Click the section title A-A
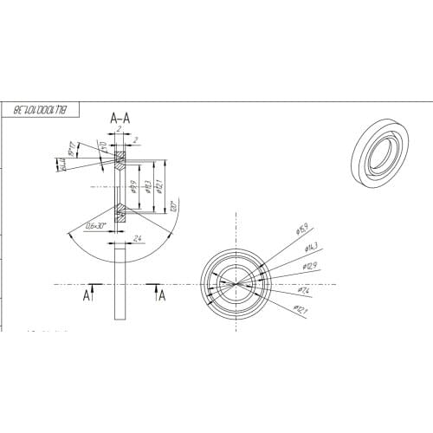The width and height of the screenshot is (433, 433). (120, 116)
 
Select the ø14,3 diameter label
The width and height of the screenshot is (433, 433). (308, 248)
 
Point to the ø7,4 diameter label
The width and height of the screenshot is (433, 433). (305, 289)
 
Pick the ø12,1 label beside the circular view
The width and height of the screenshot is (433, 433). (301, 308)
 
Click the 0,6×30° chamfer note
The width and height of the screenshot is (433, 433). (91, 226)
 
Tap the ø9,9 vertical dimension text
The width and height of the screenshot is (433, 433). (135, 186)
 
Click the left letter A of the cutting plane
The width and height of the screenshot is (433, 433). (87, 295)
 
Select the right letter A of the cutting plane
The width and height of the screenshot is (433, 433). (161, 295)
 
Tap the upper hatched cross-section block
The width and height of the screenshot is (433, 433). (120, 158)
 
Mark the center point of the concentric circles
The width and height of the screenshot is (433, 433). (236, 284)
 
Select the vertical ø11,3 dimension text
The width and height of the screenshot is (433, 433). (148, 186)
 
